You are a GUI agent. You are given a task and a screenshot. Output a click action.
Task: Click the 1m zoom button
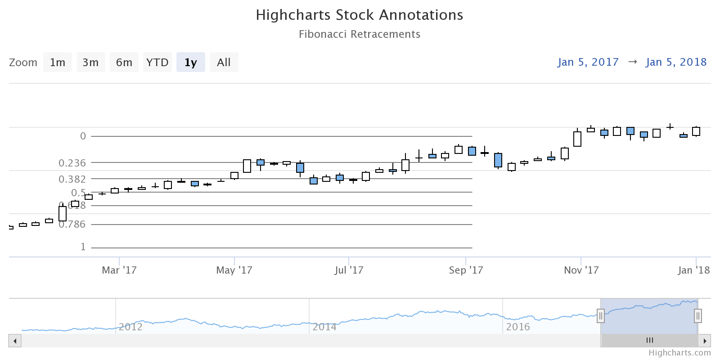coord(58,62)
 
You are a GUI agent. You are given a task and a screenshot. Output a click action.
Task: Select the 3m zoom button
coord(90,62)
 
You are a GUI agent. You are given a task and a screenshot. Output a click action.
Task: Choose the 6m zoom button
coord(124,62)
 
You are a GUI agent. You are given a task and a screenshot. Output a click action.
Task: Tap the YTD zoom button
coord(157,62)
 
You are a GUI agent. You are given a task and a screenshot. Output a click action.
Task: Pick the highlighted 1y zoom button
coord(191,62)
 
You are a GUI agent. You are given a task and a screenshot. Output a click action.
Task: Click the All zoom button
coord(224,62)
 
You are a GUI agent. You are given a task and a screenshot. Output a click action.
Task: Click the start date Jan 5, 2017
coord(588,62)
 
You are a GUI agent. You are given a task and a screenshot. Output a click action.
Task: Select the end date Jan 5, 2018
coord(676,62)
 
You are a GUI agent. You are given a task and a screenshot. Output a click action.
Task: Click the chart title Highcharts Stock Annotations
coord(360,15)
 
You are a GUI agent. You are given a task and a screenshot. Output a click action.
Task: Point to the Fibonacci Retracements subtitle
coord(360,34)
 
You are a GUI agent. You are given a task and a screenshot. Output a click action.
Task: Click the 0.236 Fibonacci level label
coord(72,163)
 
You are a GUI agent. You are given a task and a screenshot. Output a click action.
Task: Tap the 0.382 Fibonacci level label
coord(72,179)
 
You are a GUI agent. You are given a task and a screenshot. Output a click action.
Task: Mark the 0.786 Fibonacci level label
coord(72,224)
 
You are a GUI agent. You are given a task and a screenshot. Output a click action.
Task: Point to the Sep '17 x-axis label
coord(466,270)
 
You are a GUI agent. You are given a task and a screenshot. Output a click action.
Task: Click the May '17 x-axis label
coord(234,270)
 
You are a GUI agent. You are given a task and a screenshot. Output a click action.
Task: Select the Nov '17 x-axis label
coord(581,270)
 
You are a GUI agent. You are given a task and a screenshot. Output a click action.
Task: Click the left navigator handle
coord(601,316)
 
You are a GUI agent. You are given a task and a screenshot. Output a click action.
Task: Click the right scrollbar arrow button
coord(705,341)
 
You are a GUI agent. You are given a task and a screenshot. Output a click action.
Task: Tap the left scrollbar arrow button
coord(15,341)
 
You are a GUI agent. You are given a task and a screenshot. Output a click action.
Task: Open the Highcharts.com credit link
coord(679,353)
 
